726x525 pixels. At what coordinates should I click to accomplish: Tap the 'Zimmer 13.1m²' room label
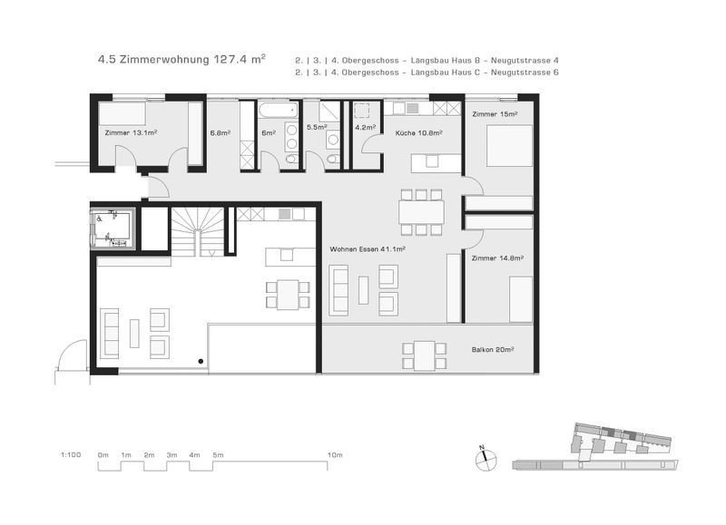(x=132, y=132)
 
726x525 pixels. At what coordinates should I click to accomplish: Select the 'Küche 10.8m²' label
(x=418, y=132)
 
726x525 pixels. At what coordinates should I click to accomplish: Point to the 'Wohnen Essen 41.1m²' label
(x=368, y=248)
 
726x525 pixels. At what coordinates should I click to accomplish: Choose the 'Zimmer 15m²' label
(x=495, y=114)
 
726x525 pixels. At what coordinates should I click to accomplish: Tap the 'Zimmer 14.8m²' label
(x=498, y=258)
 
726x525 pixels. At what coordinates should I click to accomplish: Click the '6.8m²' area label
(x=221, y=132)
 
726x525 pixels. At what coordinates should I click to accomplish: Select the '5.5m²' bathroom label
(x=316, y=127)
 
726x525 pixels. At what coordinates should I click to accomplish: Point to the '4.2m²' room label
(x=365, y=127)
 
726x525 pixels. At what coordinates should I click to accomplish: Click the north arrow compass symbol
(x=485, y=459)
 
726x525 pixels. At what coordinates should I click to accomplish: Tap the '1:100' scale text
(x=71, y=453)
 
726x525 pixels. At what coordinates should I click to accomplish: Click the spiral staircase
(x=197, y=230)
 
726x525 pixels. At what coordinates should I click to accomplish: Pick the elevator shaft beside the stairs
(x=113, y=228)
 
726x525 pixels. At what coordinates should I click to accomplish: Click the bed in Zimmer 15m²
(x=509, y=146)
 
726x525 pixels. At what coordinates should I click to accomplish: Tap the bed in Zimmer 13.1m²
(x=122, y=113)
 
